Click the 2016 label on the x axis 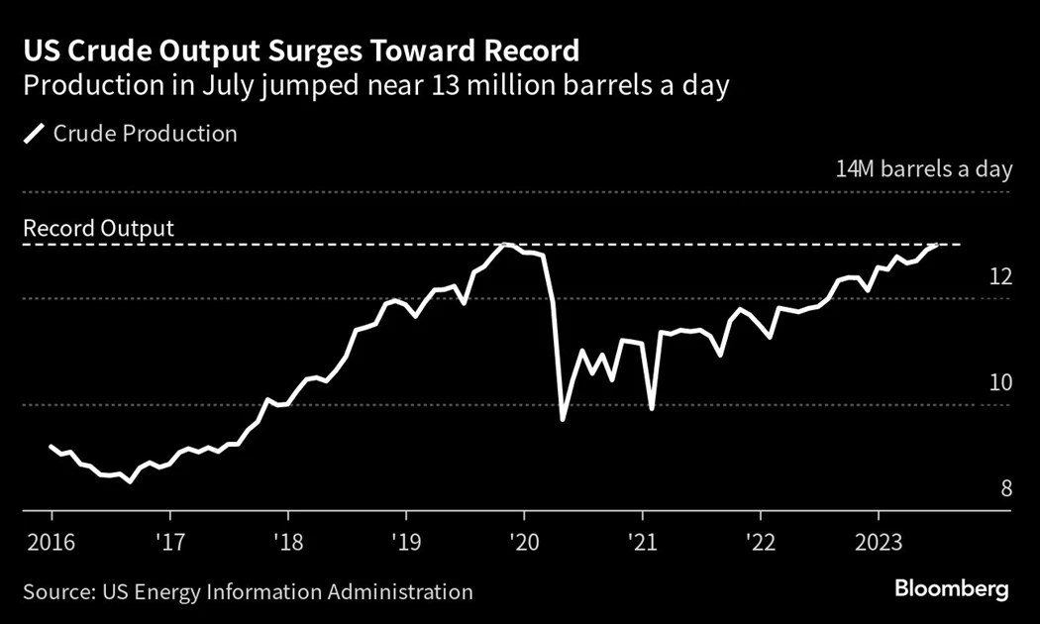point(51,544)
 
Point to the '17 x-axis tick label point(169,544)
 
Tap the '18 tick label point(287,544)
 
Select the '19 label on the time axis point(405,544)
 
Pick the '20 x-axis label point(523,544)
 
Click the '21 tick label point(642,544)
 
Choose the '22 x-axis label point(760,544)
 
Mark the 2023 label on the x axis point(878,544)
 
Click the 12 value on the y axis point(1000,276)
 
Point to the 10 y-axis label point(1000,383)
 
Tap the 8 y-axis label point(1005,489)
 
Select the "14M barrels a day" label point(924,169)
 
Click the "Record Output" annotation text point(98,229)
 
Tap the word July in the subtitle point(226,85)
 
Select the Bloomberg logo point(951,589)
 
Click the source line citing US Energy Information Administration point(248,592)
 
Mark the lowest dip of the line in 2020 point(563,420)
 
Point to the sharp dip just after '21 point(651,408)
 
